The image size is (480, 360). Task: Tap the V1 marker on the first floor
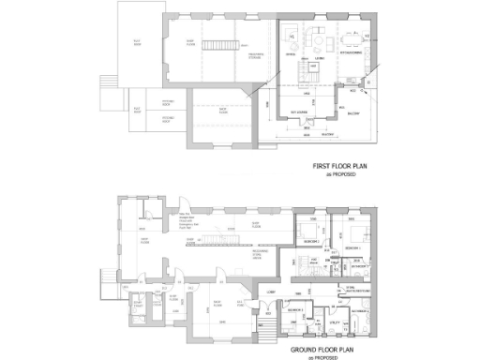point(292,36)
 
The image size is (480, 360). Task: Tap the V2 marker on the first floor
point(368,35)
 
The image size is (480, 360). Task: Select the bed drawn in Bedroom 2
point(307,230)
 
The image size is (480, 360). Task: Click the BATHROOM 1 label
point(359,266)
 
